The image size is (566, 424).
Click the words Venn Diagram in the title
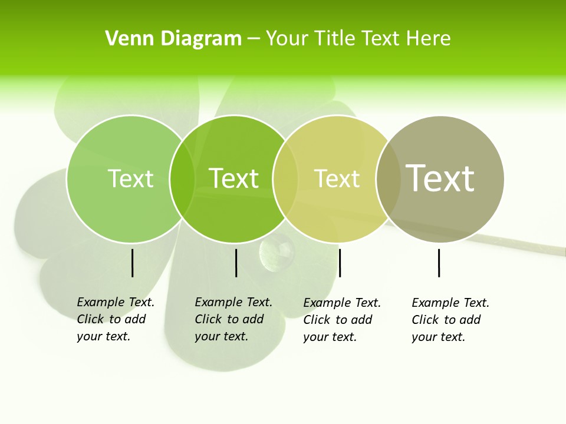pyautogui.click(x=173, y=39)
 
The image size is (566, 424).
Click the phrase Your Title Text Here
pyautogui.click(x=358, y=39)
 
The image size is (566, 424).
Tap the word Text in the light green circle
pyautogui.click(x=130, y=178)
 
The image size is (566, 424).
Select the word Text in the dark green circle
pyautogui.click(x=234, y=178)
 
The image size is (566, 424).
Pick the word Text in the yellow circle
pyautogui.click(x=337, y=178)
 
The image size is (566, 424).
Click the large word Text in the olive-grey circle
pyautogui.click(x=440, y=178)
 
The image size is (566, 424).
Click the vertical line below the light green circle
pyautogui.click(x=133, y=263)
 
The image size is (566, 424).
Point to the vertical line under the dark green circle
pyautogui.click(x=236, y=263)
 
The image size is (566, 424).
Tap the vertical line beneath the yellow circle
pyautogui.click(x=340, y=263)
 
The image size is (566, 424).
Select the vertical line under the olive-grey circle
pyautogui.click(x=439, y=263)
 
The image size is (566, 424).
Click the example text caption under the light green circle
pyautogui.click(x=116, y=319)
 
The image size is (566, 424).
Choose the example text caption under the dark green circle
pyautogui.click(x=233, y=319)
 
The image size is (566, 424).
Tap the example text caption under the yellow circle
pyautogui.click(x=342, y=320)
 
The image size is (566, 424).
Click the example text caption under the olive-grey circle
pyautogui.click(x=450, y=320)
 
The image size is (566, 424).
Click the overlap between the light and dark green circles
pyautogui.click(x=182, y=178)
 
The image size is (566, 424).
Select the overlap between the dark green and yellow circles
pyautogui.click(x=285, y=178)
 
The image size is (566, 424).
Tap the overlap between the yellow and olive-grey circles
pyautogui.click(x=389, y=178)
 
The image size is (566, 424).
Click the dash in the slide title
pyautogui.click(x=254, y=39)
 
